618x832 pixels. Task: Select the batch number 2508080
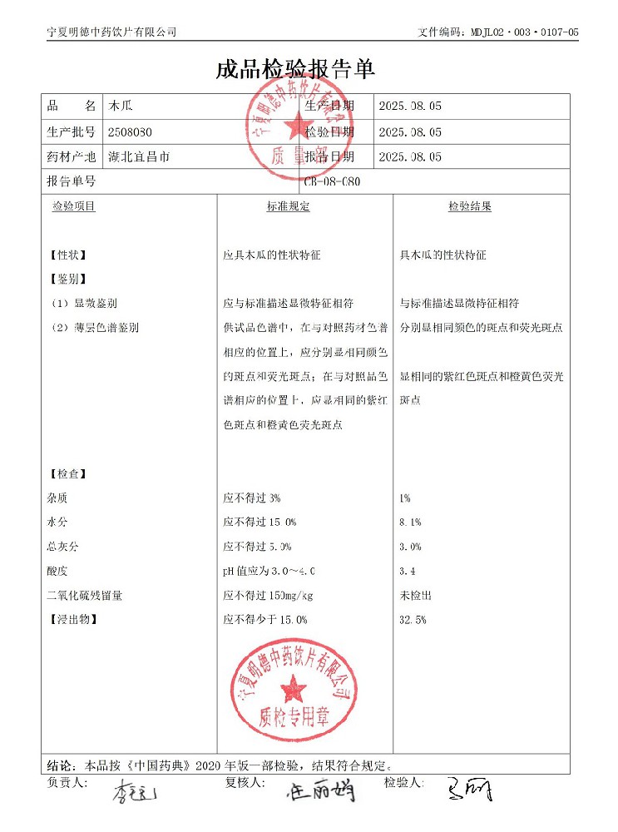130,131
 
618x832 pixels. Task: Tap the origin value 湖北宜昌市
139,156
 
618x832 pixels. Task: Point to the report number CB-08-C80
334,181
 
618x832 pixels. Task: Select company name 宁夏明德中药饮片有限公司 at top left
111,32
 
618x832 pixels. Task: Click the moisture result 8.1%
410,522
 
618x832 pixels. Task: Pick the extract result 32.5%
413,620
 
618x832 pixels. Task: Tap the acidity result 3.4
407,571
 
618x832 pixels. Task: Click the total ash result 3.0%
410,547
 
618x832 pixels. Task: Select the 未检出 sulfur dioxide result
415,596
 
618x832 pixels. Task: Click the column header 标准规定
288,206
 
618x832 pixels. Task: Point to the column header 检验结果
470,206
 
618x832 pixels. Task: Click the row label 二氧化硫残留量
87,596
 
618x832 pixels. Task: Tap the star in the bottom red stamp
293,687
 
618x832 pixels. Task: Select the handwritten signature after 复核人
320,790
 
